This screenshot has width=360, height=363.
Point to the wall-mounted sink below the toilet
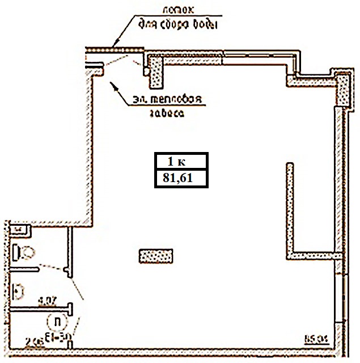pos(19,290)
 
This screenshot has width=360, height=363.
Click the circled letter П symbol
pos(56,322)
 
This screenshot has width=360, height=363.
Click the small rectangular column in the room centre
pos(155,256)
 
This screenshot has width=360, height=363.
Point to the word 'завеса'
pos(167,114)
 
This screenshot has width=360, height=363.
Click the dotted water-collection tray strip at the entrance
pos(113,50)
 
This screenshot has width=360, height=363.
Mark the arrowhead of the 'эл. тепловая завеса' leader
pos(112,84)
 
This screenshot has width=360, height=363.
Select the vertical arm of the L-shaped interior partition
pos(289,207)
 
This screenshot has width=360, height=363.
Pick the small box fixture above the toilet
pos(19,229)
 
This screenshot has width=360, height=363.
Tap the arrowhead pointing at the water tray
pos(116,43)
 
